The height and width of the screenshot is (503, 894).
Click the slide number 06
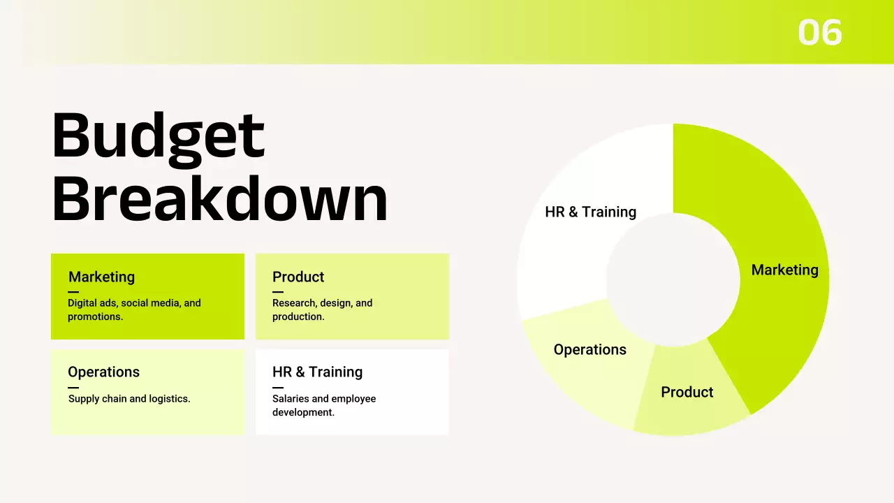(x=820, y=33)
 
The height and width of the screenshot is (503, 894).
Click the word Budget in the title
(x=158, y=136)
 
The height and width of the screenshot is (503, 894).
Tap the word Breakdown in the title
(x=219, y=198)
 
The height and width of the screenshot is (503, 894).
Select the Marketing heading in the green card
(x=101, y=277)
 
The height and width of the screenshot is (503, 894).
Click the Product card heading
(x=298, y=277)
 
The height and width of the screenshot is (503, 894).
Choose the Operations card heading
(x=103, y=372)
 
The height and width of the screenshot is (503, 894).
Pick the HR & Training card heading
(x=317, y=372)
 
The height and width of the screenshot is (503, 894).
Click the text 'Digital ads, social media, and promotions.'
(x=134, y=309)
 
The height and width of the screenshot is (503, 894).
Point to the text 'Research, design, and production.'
(x=322, y=309)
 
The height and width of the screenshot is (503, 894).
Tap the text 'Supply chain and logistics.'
(x=129, y=399)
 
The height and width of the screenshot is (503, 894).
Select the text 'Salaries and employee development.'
(x=324, y=405)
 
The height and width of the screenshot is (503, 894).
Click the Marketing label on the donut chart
(x=784, y=270)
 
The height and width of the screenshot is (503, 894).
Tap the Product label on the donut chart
(x=687, y=392)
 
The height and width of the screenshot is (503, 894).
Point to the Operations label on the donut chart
(x=589, y=349)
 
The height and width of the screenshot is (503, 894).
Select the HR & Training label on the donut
(x=590, y=212)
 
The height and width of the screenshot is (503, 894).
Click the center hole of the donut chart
(x=673, y=279)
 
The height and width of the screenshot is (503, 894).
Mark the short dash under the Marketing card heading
(x=73, y=292)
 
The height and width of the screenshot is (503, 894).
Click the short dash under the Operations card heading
(x=73, y=387)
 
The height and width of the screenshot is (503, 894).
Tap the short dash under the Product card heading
(x=278, y=292)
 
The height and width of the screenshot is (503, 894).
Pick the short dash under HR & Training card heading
(x=278, y=387)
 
